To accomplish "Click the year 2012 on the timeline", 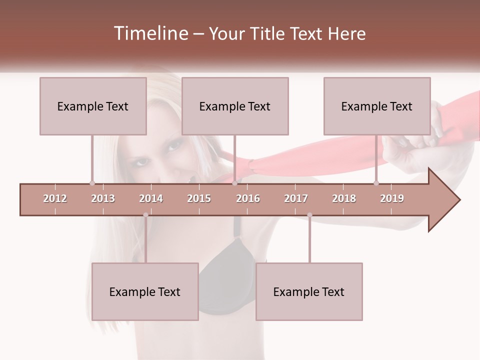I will point(55,198).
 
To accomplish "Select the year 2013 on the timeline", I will point(103,198).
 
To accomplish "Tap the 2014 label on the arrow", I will point(151,198).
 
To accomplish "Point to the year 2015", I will point(199,198).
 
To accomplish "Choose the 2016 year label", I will point(248,198).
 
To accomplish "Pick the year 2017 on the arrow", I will point(296,198).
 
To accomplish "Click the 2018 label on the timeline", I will point(344,198).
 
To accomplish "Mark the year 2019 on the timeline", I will point(392,198).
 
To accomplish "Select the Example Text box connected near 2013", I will point(93,106).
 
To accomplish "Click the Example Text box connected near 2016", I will point(235,106).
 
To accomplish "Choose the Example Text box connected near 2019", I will point(377,106).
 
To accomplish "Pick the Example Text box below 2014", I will point(145,291).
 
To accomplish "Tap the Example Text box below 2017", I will point(309,291).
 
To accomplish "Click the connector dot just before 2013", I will point(92,183).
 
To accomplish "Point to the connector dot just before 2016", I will point(235,183).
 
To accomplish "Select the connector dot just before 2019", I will point(376,183).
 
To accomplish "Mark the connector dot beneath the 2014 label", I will point(145,215).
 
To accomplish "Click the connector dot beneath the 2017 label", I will point(309,215).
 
